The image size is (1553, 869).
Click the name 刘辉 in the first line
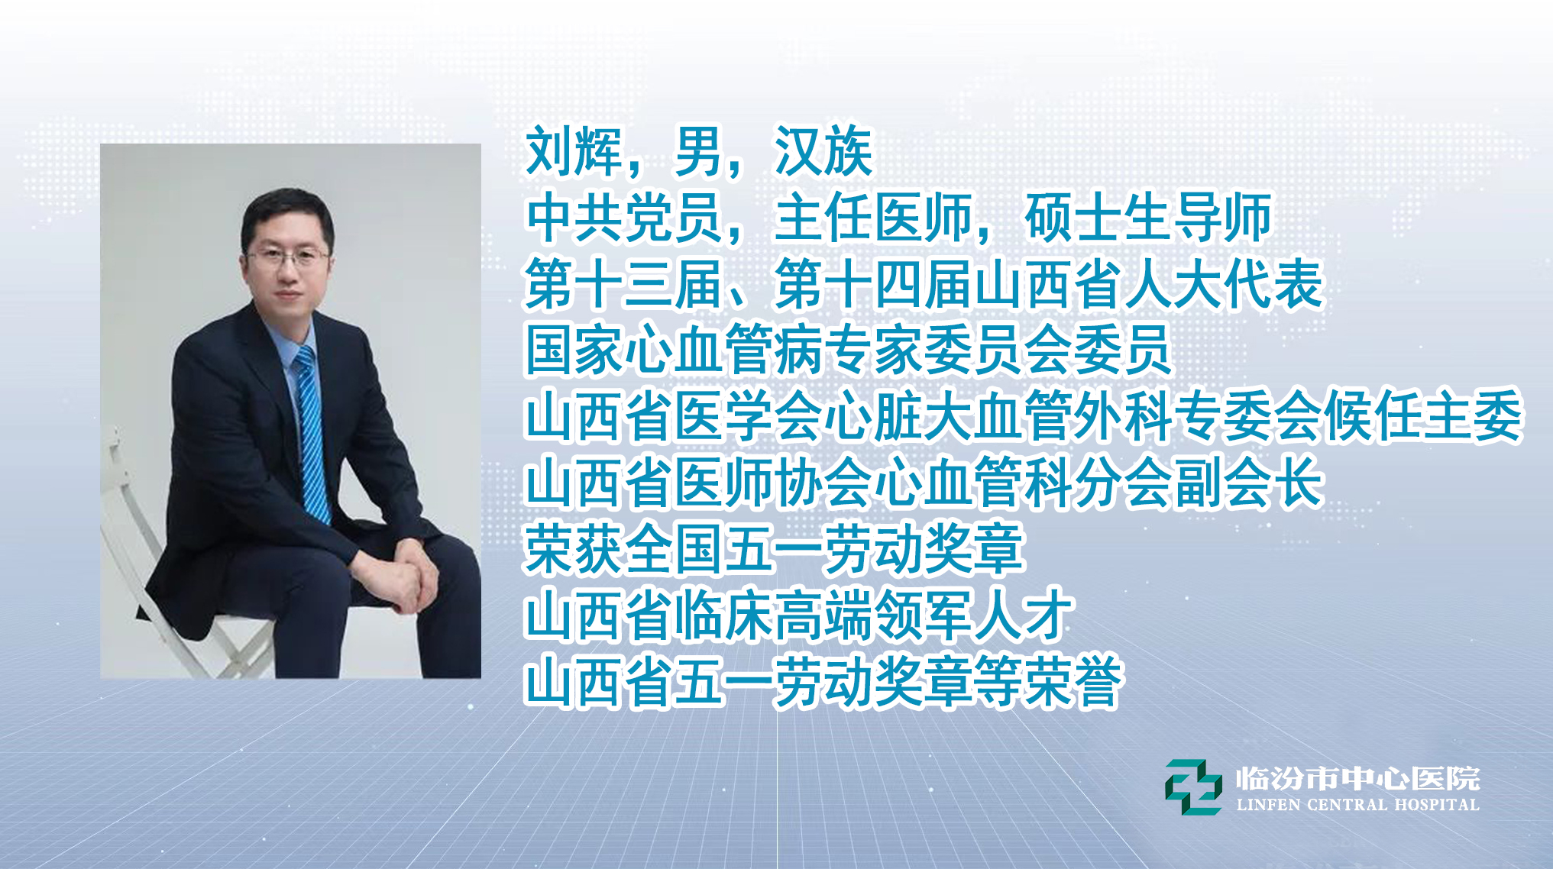(574, 150)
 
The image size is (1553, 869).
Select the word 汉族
(823, 150)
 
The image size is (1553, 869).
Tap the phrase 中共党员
(624, 218)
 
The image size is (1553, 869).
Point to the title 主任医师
(873, 218)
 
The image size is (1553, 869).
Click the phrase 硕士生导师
(1147, 218)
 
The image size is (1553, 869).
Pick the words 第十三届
(624, 284)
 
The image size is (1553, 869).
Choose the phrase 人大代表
(1223, 284)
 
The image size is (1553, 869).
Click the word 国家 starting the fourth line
(574, 351)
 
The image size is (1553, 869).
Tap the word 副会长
(1248, 483)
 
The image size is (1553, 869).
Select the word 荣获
(574, 549)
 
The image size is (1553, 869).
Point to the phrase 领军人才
(973, 615)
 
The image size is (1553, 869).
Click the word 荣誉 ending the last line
(1073, 682)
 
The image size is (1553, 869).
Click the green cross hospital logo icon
(1193, 787)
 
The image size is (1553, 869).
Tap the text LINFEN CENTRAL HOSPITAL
(1357, 805)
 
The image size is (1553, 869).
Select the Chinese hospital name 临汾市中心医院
(1357, 778)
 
